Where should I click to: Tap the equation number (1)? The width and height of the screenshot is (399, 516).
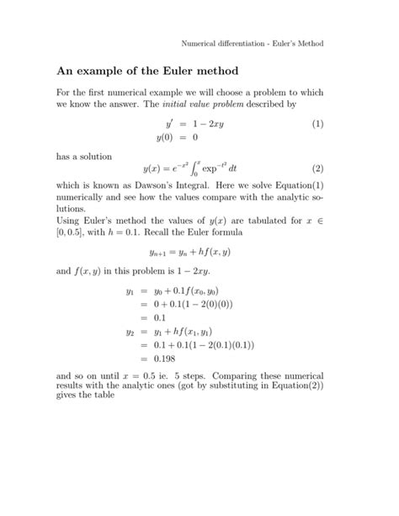pos(317,124)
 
